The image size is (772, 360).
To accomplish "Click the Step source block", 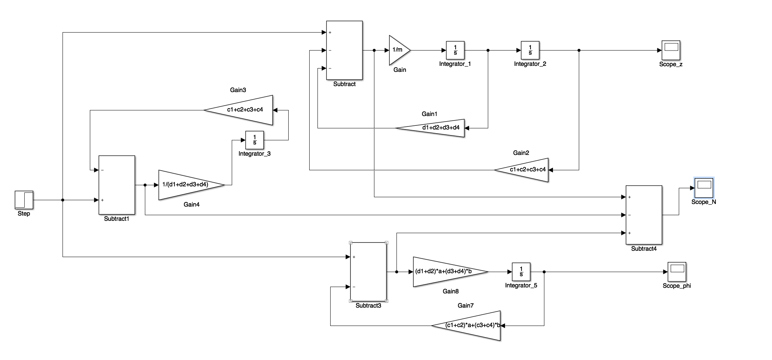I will pyautogui.click(x=24, y=200).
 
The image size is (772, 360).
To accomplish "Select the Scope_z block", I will pyautogui.click(x=671, y=50).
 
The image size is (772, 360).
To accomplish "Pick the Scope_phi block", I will pyautogui.click(x=677, y=272).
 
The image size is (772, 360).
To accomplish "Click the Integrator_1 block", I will pyautogui.click(x=455, y=50).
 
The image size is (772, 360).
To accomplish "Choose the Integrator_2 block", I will pyautogui.click(x=530, y=50).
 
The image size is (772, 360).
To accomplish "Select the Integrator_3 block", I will pyautogui.click(x=255, y=140).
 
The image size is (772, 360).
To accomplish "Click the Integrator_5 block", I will pyautogui.click(x=521, y=272).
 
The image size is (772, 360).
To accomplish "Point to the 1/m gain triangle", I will pyautogui.click(x=398, y=50).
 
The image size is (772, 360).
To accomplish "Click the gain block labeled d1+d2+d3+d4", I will pyautogui.click(x=434, y=128).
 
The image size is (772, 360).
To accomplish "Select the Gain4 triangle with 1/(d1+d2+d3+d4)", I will pyautogui.click(x=187, y=185).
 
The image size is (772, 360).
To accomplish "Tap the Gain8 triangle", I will pyautogui.click(x=446, y=272).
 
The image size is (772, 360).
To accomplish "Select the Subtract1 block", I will pyautogui.click(x=116, y=185).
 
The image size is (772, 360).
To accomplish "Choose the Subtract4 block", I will pyautogui.click(x=644, y=215).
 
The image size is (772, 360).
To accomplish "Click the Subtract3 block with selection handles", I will pyautogui.click(x=368, y=272).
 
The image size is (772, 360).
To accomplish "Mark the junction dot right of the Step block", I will pyautogui.click(x=63, y=200).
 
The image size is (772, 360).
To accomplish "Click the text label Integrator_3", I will pyautogui.click(x=255, y=153).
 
